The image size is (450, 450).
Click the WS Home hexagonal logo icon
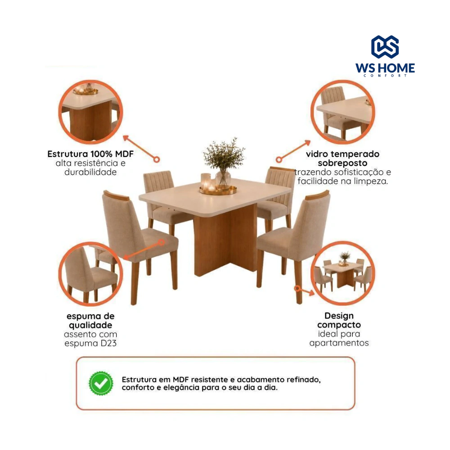tap(385, 47)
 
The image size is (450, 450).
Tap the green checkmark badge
tap(101, 383)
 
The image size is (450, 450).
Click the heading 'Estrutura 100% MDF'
tap(90, 154)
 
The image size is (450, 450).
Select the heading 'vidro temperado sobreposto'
tap(342, 158)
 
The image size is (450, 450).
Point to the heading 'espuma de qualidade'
tap(90, 320)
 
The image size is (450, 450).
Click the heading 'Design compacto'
tap(339, 320)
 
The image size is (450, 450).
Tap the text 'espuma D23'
tap(90, 343)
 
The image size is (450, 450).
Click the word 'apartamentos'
tap(339, 343)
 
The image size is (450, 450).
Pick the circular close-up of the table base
tap(91, 112)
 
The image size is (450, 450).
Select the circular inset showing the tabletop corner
tap(342, 112)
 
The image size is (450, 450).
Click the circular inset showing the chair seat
tap(91, 274)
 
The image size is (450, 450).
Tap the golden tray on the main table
tap(218, 190)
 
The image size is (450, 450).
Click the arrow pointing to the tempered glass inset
tap(293, 151)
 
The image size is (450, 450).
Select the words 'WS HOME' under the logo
tap(385, 68)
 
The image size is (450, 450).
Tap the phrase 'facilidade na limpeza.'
tap(342, 181)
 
